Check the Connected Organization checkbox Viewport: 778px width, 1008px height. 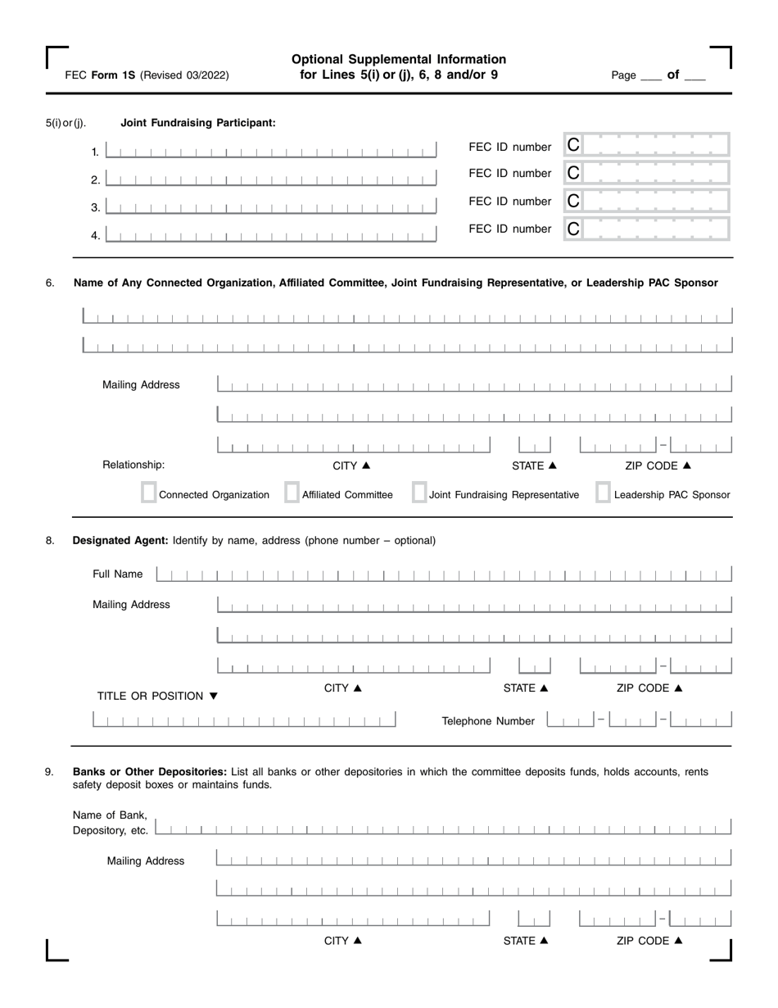point(148,493)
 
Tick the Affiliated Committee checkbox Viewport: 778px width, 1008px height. point(291,493)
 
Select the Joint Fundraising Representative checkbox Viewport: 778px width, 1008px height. point(418,493)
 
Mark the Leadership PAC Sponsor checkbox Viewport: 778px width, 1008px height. point(603,493)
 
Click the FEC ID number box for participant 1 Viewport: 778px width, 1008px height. point(646,145)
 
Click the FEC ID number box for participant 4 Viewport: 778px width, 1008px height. point(646,229)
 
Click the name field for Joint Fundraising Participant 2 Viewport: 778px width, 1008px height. point(271,179)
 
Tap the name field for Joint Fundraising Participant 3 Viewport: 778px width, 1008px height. point(271,207)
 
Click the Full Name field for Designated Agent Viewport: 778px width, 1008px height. point(443,574)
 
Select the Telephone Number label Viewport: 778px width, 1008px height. point(488,721)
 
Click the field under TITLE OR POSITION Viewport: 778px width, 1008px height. point(244,720)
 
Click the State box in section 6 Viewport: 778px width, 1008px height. point(535,445)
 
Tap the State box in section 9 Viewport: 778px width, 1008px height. point(534,919)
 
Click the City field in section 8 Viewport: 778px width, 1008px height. point(353,666)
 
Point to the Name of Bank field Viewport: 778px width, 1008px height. point(443,827)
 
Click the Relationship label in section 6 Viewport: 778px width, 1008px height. point(133,465)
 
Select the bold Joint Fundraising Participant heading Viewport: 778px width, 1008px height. point(198,123)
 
